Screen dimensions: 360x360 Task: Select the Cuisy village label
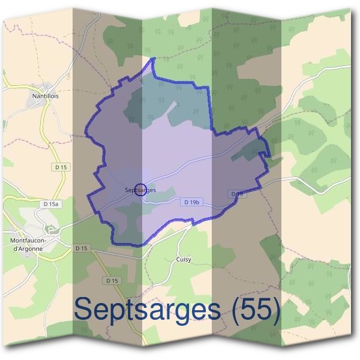pos(184,259)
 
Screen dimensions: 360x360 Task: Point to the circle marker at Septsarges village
pos(140,190)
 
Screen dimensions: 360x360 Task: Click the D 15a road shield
pos(52,205)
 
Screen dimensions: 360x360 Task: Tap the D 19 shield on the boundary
pos(237,194)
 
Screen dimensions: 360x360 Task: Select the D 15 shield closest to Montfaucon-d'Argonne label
pos(82,248)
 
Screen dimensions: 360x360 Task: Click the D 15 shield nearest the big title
pos(112,280)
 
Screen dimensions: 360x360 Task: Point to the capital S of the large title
pos(86,310)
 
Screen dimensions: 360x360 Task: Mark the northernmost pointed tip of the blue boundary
pos(154,58)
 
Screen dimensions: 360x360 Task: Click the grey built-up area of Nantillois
pos(36,105)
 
